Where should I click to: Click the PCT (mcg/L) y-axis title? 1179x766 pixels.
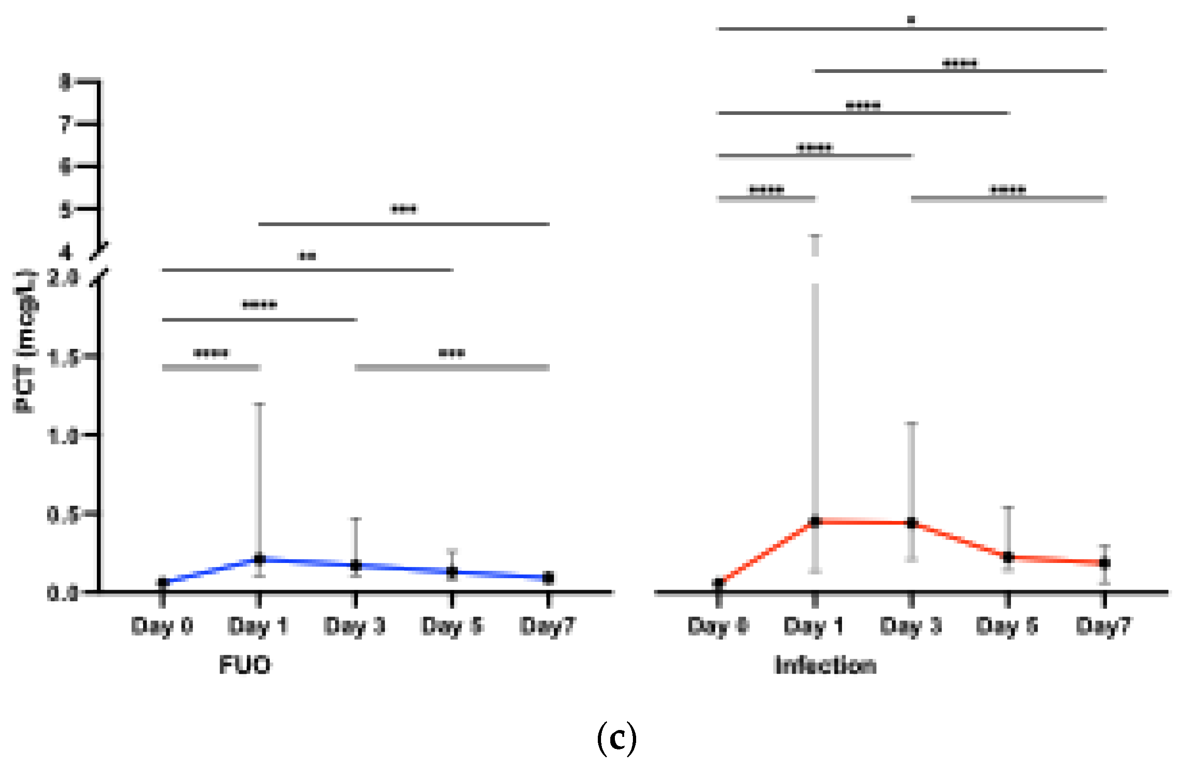[x=25, y=341]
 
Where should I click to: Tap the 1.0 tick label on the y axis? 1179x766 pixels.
[x=63, y=436]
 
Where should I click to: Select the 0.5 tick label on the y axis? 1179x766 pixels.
[x=63, y=515]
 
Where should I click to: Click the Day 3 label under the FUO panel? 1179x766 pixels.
[x=354, y=626]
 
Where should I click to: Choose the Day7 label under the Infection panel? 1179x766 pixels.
[x=1104, y=626]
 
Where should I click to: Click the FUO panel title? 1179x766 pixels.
[x=245, y=665]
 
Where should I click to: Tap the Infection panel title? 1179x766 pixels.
[x=825, y=665]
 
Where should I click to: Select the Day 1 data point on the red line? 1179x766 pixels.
[x=815, y=521]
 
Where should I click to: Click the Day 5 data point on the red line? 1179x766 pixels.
[x=1008, y=557]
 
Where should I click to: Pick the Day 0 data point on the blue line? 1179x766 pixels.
[x=162, y=583]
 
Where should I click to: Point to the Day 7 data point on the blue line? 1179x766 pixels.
[x=548, y=578]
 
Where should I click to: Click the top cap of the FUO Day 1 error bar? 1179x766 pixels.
[x=259, y=404]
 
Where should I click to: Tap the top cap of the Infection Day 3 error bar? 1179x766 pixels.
[x=912, y=423]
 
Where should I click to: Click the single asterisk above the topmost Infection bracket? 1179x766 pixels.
[x=911, y=20]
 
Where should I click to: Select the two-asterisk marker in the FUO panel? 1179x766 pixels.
[x=307, y=256]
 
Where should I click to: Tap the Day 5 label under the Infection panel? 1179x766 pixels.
[x=1007, y=626]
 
